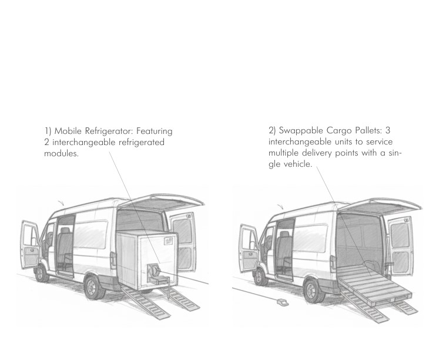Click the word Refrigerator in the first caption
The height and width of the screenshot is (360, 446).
pyautogui.click(x=109, y=132)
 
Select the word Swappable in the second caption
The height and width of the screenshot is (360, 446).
pyautogui.click(x=301, y=131)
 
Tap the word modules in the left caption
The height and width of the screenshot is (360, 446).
pyautogui.click(x=61, y=153)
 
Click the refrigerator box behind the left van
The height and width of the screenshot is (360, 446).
pyautogui.click(x=147, y=260)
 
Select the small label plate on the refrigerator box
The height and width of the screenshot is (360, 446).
pyautogui.click(x=168, y=241)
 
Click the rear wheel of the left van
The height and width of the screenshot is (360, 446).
pyautogui.click(x=94, y=287)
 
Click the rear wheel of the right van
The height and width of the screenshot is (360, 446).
pyautogui.click(x=314, y=291)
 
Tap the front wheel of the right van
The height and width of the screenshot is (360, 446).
pyautogui.click(x=260, y=277)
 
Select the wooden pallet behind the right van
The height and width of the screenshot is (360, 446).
pyautogui.click(x=375, y=287)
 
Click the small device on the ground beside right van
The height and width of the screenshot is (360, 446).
pyautogui.click(x=282, y=302)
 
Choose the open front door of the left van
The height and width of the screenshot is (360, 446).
pyautogui.click(x=30, y=245)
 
